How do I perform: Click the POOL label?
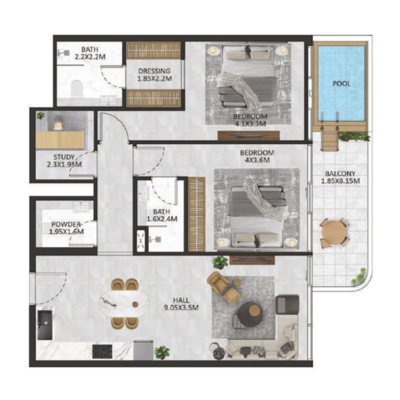coord(341,83)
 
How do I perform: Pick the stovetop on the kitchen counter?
coord(103,351)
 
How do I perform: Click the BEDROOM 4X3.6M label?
coord(256,156)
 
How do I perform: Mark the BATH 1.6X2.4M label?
coord(159,215)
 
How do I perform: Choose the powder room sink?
coord(80,206)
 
